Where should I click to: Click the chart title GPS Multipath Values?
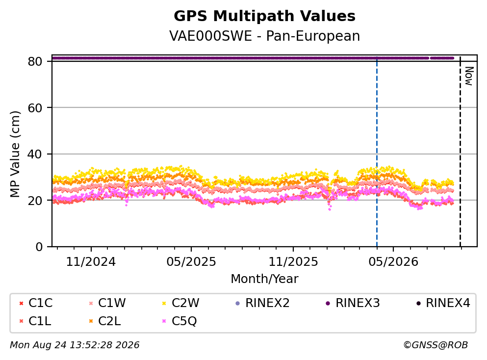click(x=264, y=16)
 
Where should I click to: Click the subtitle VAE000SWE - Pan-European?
click(x=264, y=36)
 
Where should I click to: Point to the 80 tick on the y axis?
click(x=35, y=61)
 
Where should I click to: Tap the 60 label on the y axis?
click(x=35, y=108)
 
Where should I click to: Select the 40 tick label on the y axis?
click(x=35, y=154)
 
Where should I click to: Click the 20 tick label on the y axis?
click(x=35, y=200)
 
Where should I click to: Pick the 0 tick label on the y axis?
click(x=39, y=247)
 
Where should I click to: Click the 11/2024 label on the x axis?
click(x=91, y=262)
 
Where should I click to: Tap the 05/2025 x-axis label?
click(x=191, y=262)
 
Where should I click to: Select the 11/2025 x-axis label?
click(x=293, y=262)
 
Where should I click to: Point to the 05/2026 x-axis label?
click(x=393, y=262)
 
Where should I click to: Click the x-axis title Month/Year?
click(x=264, y=279)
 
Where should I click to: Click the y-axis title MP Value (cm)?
click(x=15, y=154)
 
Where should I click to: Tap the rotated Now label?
click(x=469, y=76)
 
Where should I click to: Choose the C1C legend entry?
click(x=36, y=303)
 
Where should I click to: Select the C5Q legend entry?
click(x=179, y=321)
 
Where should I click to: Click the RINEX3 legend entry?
click(x=353, y=303)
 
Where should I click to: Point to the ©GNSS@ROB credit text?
click(x=436, y=345)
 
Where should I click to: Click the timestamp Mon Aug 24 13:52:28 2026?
click(x=75, y=345)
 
